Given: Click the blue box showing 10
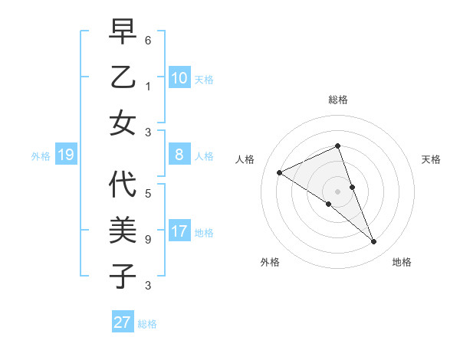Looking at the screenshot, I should tap(179, 78).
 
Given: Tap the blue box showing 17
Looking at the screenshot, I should tap(179, 232).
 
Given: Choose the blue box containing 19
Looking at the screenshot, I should tap(65, 155).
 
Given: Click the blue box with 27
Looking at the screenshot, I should tap(123, 322).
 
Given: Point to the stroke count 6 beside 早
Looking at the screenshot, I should tap(148, 39).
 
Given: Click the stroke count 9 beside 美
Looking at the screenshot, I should tap(148, 239).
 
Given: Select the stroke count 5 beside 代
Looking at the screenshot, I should tap(148, 193).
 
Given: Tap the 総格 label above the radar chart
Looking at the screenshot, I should tap(338, 100).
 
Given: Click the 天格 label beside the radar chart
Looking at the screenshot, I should tap(431, 159).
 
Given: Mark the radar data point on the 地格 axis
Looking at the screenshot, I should tap(374, 242).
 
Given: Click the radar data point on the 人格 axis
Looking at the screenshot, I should tap(279, 172).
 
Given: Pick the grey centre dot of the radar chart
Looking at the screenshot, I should tap(337, 191).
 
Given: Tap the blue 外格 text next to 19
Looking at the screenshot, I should tap(41, 156).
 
